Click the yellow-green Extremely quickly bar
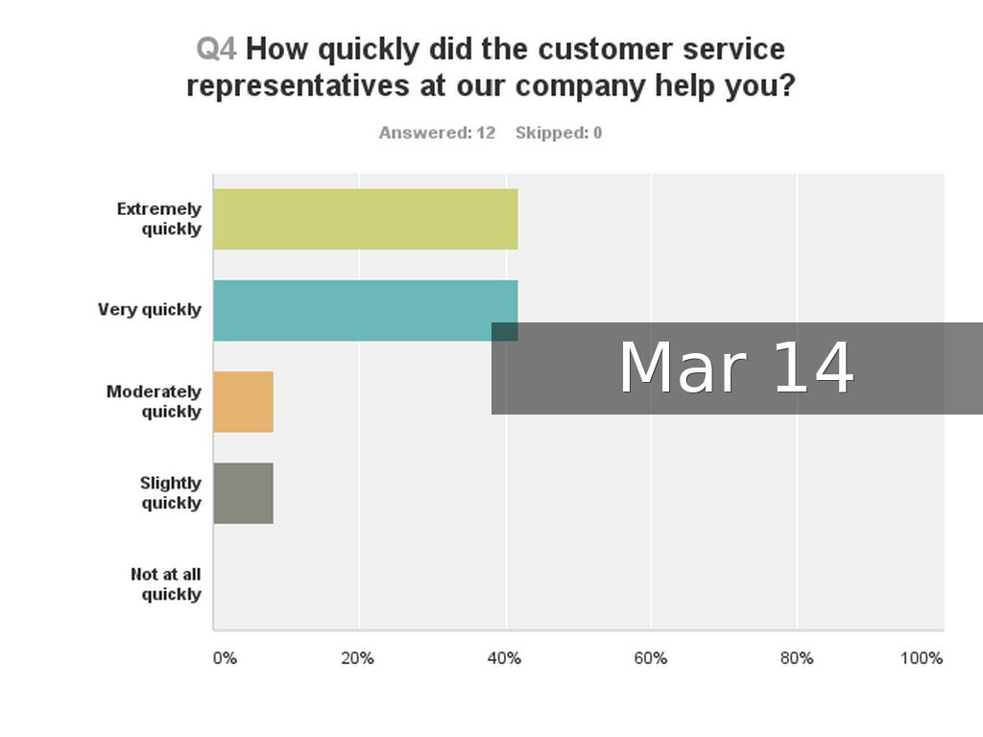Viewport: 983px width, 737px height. tap(365, 220)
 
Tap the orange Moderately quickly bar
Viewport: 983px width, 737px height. tap(244, 401)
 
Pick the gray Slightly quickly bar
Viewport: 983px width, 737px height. tap(244, 493)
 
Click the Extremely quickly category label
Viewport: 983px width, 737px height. tap(159, 219)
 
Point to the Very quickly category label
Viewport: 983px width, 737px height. tap(150, 310)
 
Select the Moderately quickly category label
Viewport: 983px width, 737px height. tap(155, 402)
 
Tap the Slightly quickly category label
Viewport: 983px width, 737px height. tap(171, 493)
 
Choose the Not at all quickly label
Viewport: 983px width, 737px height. tap(166, 584)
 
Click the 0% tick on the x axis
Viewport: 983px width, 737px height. tap(224, 658)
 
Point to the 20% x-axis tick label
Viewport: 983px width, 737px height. tap(357, 658)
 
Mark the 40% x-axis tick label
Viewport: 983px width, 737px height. tap(504, 658)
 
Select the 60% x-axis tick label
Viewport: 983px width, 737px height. tap(650, 658)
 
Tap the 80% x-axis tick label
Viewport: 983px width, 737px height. tap(796, 658)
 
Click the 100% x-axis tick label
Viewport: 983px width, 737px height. tap(922, 658)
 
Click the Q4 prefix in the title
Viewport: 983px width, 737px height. tap(216, 49)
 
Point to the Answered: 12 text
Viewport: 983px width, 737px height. tap(437, 133)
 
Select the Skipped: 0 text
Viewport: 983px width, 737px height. tap(559, 133)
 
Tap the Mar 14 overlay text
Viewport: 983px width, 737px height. tap(736, 368)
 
